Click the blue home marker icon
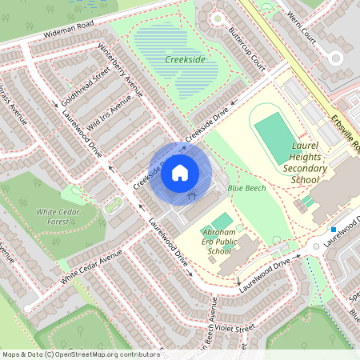pos(180,172)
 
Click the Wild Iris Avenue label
pos(110,114)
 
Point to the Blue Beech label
pos(246,188)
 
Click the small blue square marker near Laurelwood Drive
pos(334,230)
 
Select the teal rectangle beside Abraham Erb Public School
pos(222,220)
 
